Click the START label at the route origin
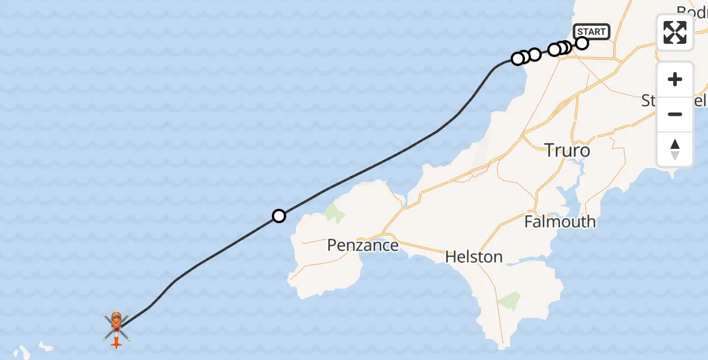(x=592, y=32)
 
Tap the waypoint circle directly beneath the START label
(x=582, y=43)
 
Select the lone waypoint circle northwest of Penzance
(x=278, y=215)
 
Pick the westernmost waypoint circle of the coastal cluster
(x=517, y=59)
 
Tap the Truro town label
(x=567, y=151)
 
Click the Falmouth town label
(x=560, y=221)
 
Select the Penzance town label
(x=362, y=245)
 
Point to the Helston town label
(x=473, y=257)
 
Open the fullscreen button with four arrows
(x=675, y=32)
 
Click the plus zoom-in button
(x=675, y=79)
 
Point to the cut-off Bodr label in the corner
(x=691, y=11)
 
